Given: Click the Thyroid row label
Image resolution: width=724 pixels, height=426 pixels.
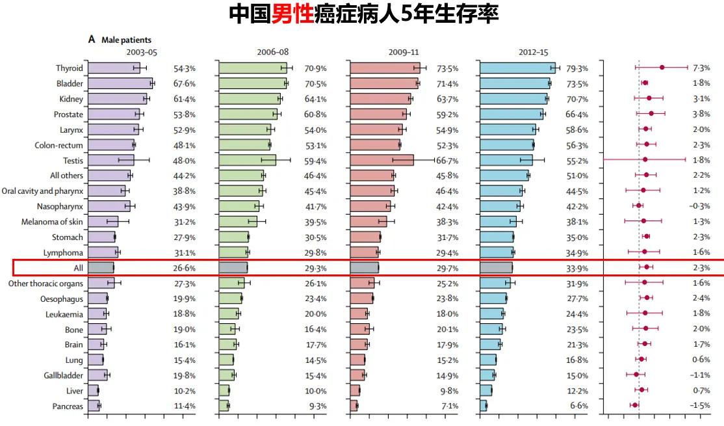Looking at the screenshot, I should click(x=69, y=68).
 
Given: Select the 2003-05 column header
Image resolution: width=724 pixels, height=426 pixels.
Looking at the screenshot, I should click(x=142, y=53).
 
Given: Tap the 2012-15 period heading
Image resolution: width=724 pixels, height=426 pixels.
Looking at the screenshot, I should click(x=533, y=53).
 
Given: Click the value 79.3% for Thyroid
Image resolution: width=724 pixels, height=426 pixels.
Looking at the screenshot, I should click(x=577, y=68).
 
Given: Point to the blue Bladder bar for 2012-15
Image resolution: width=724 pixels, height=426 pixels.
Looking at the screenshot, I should click(x=515, y=83).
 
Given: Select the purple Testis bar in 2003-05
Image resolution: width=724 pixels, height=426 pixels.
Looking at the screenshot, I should click(x=110, y=160).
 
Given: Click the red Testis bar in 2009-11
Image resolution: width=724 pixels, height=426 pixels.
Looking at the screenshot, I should click(x=381, y=160).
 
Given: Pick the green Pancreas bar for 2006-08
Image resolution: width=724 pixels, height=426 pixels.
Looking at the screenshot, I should click(x=224, y=406).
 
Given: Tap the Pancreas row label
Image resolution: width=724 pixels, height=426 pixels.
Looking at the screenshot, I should click(x=68, y=406).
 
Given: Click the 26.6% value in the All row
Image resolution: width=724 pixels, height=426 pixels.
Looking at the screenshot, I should click(x=184, y=268).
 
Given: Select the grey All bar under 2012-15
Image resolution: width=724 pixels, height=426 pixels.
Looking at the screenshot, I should click(x=496, y=267).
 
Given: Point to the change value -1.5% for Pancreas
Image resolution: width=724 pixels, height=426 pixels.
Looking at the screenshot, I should click(x=700, y=406).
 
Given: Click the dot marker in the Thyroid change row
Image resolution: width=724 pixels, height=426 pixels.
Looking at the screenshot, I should click(x=662, y=67).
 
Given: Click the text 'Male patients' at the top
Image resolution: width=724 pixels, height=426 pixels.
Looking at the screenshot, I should click(x=126, y=40).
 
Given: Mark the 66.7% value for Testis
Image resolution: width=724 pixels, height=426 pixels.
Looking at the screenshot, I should click(x=446, y=161).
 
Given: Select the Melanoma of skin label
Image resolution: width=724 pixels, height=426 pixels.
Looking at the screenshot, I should click(x=52, y=222).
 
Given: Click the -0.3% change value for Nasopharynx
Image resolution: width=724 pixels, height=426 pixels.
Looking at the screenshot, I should click(x=700, y=206).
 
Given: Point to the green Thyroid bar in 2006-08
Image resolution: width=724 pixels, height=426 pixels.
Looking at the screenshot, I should click(x=253, y=68).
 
